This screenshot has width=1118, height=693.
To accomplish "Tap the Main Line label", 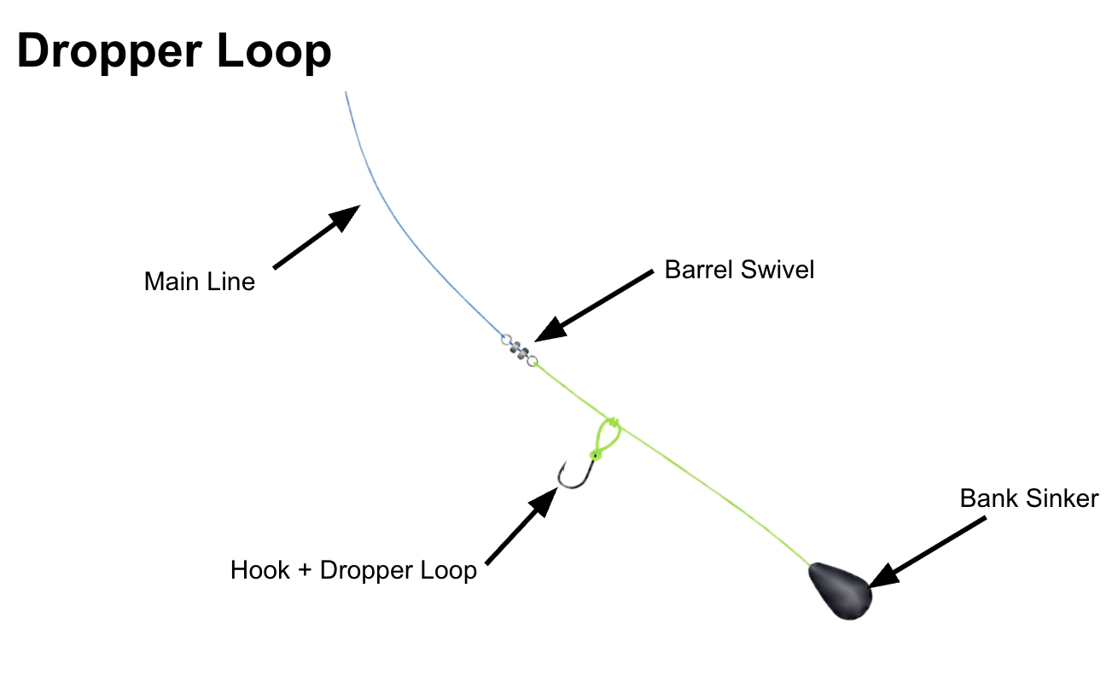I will (200, 282).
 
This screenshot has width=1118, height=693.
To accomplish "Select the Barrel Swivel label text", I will (739, 270).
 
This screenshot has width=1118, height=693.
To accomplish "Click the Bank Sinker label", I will (1029, 498).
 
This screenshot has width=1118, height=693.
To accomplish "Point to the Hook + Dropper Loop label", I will (353, 570).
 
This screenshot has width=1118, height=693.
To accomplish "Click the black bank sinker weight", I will (840, 590).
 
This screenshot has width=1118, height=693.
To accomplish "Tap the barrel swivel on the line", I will (519, 350).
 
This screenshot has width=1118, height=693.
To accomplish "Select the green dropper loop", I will (604, 439).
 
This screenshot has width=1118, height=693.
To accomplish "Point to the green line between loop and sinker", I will (717, 495).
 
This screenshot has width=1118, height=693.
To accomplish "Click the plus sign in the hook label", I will (302, 570).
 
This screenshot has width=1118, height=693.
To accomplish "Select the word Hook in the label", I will (259, 570).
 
